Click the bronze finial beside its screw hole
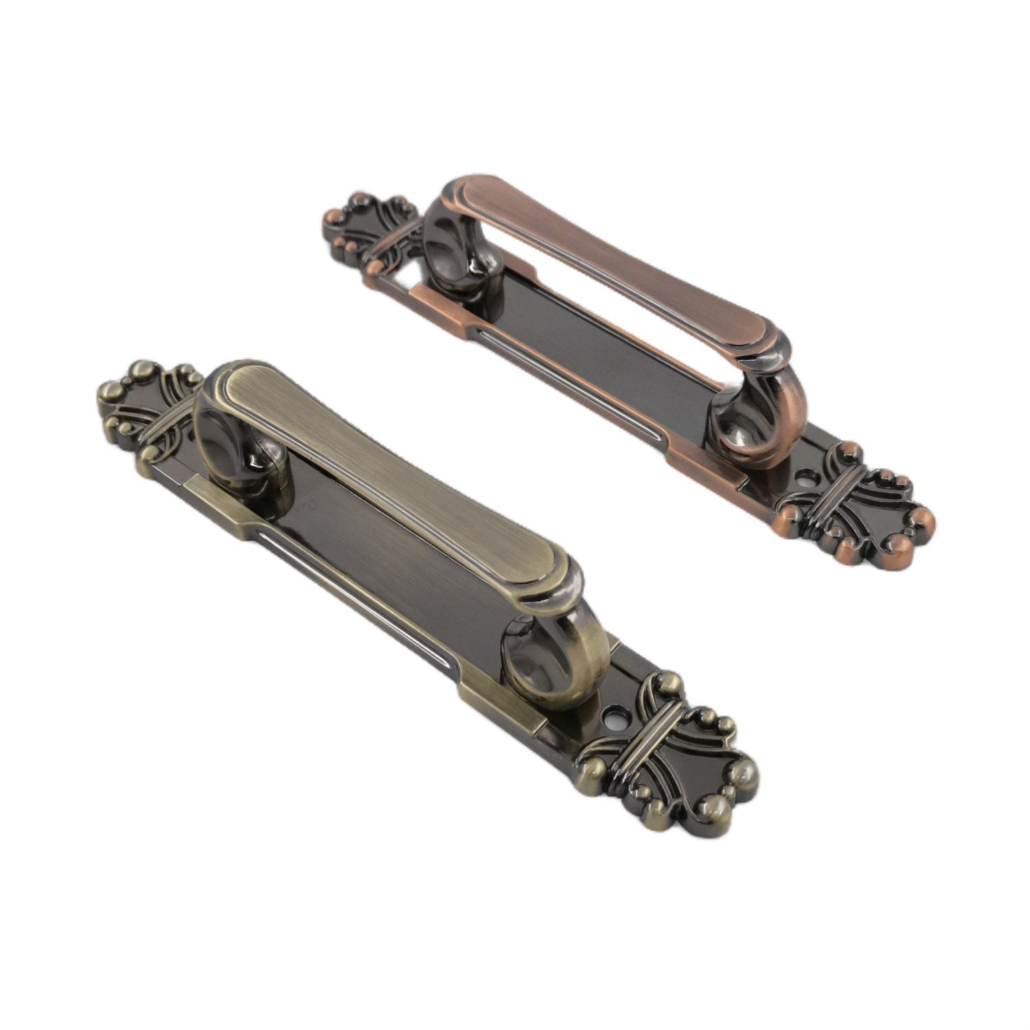pyautogui.click(x=669, y=769)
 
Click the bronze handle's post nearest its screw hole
pyautogui.click(x=549, y=659)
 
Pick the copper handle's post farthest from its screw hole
pyautogui.click(x=457, y=254)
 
